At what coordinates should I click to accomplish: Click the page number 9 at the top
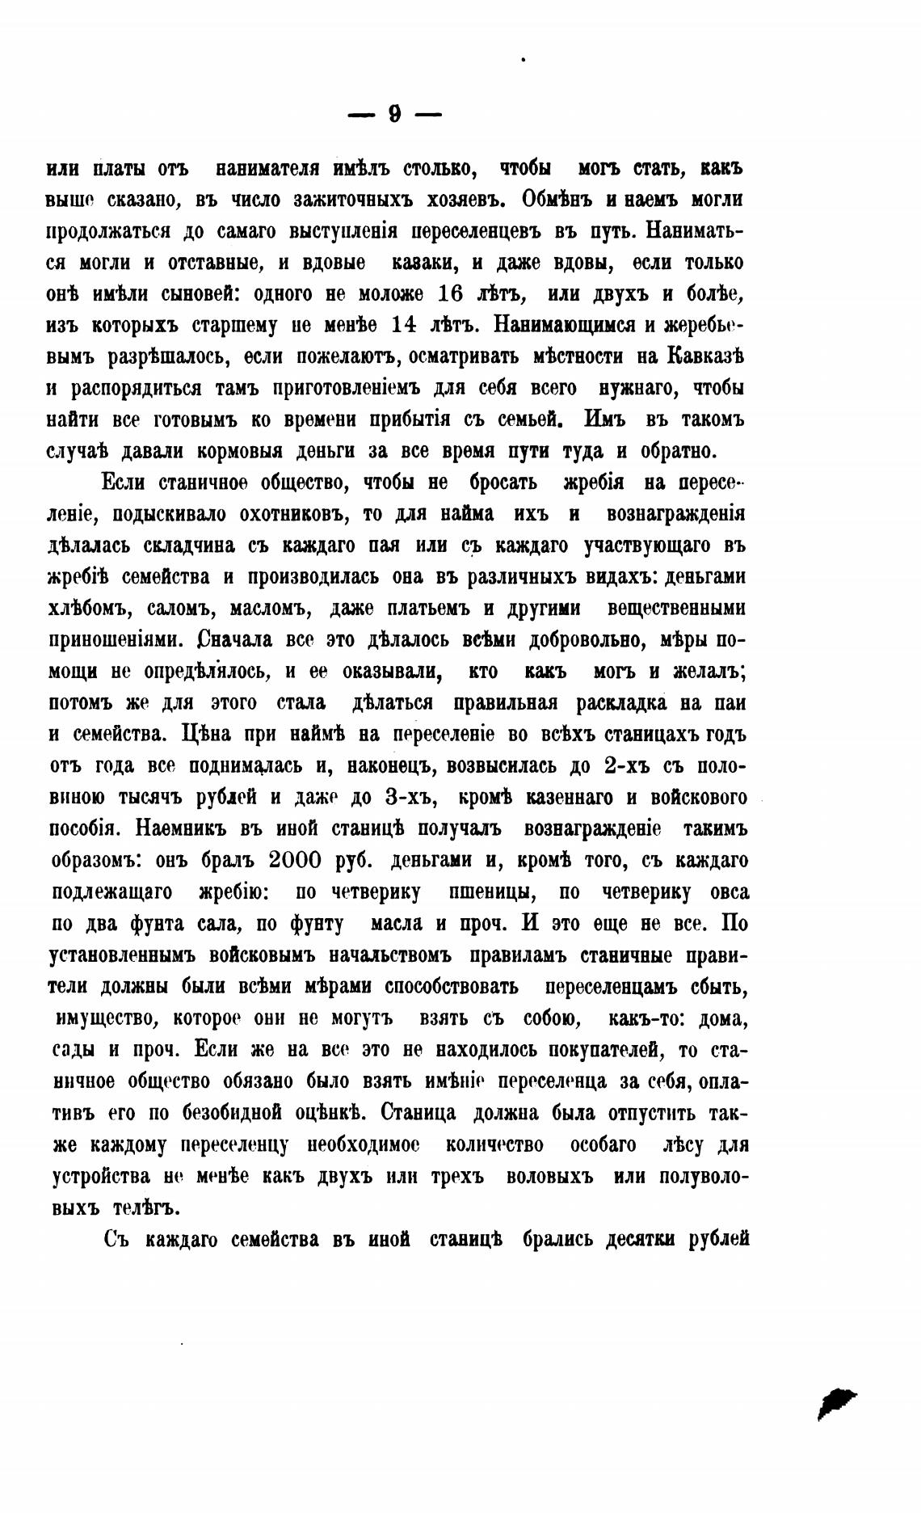tap(394, 114)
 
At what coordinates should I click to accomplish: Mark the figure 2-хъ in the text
tap(628, 766)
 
